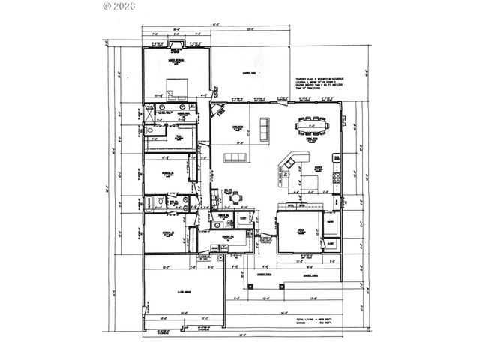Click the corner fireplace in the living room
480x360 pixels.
tap(217, 112)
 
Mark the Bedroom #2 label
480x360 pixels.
tap(168, 173)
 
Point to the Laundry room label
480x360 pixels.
tap(223, 238)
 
